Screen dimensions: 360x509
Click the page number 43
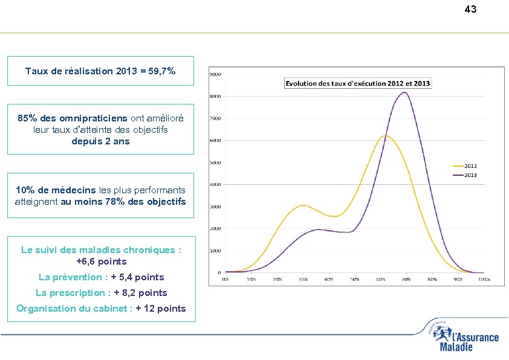(x=470, y=9)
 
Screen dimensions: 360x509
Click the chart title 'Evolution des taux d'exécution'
(x=357, y=83)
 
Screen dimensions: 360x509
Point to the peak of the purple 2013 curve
(x=404, y=92)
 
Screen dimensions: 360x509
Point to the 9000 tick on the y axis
(x=215, y=74)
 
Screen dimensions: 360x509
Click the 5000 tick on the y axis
(x=215, y=162)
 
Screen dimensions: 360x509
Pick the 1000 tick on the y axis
(x=215, y=251)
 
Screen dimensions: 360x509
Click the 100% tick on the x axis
(x=484, y=280)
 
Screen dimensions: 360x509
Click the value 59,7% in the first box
(x=162, y=71)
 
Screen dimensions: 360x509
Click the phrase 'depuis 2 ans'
(x=100, y=141)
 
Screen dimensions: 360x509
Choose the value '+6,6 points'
(x=101, y=262)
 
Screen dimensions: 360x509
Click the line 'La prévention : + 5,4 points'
(x=101, y=277)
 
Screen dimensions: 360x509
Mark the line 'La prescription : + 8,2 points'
(x=101, y=293)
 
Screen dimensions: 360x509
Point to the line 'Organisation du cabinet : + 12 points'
(x=101, y=309)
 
